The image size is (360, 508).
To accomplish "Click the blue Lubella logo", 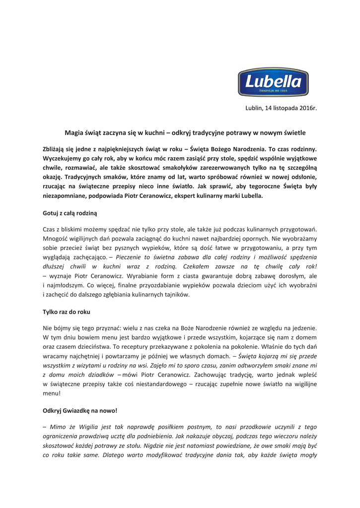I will coord(273,82).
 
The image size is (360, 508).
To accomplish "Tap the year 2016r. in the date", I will coord(307,108).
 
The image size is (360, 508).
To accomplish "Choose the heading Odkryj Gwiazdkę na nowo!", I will coord(80,411).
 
